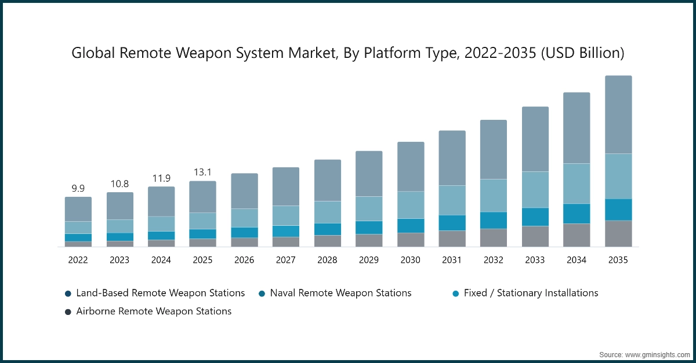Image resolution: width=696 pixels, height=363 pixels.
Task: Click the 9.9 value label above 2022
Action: click(78, 188)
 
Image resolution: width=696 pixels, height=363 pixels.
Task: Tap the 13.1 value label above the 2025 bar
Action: click(202, 172)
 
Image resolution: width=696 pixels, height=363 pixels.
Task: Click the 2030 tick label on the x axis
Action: click(410, 261)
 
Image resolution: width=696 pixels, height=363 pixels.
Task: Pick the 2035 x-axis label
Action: click(618, 261)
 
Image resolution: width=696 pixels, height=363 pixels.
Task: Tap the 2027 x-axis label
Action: click(286, 261)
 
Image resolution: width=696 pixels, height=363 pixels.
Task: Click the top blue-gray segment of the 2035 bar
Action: click(618, 114)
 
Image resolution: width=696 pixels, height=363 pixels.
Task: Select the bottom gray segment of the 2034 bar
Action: click(577, 235)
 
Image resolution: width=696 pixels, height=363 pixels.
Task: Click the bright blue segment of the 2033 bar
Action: click(535, 217)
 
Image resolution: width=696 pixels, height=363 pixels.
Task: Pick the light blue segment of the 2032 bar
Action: click(493, 195)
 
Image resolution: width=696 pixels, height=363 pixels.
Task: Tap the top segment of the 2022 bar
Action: click(78, 209)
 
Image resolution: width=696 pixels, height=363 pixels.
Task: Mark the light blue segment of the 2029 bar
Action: click(369, 208)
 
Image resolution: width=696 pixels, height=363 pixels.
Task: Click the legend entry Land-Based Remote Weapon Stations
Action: click(160, 293)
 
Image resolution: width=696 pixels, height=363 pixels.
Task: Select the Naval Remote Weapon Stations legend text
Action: click(340, 293)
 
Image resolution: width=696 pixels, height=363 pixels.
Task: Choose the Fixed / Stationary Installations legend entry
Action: click(531, 293)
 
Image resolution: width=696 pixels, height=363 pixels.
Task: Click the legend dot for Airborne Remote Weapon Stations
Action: click(68, 312)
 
